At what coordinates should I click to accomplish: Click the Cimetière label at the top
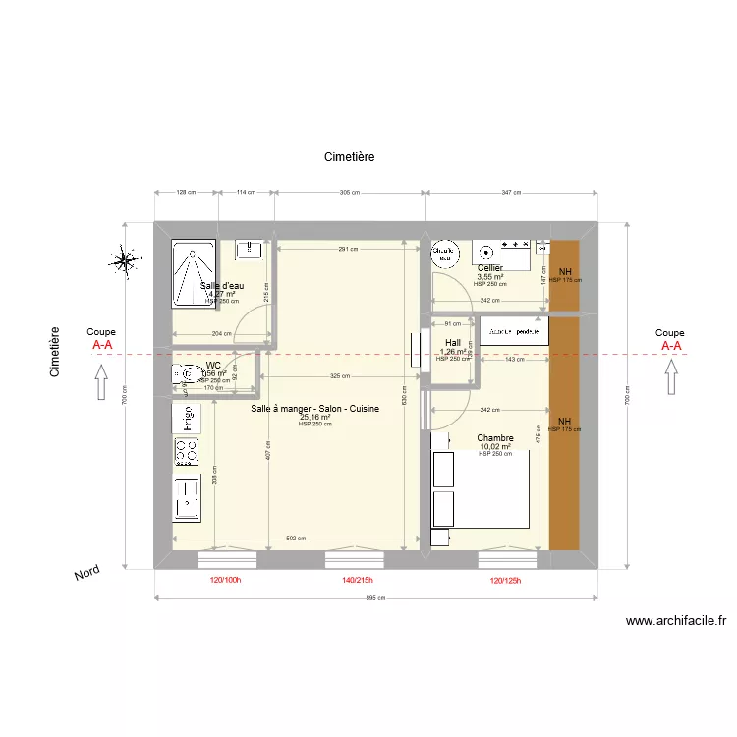pyautogui.click(x=350, y=157)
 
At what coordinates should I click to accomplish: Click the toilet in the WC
pyautogui.click(x=184, y=374)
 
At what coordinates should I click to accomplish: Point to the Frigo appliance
pyautogui.click(x=185, y=418)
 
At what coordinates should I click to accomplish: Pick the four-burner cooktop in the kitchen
pyautogui.click(x=186, y=452)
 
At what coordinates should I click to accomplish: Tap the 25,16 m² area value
pyautogui.click(x=314, y=417)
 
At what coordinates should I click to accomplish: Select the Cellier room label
pyautogui.click(x=489, y=268)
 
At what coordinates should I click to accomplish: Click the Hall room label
pyautogui.click(x=452, y=344)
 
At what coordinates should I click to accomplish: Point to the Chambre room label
pyautogui.click(x=496, y=438)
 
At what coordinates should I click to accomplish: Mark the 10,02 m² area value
pyautogui.click(x=496, y=447)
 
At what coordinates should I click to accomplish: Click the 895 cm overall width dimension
pyautogui.click(x=374, y=598)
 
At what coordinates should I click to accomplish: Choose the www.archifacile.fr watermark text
pyautogui.click(x=676, y=621)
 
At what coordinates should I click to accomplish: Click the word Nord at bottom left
pyautogui.click(x=88, y=576)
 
